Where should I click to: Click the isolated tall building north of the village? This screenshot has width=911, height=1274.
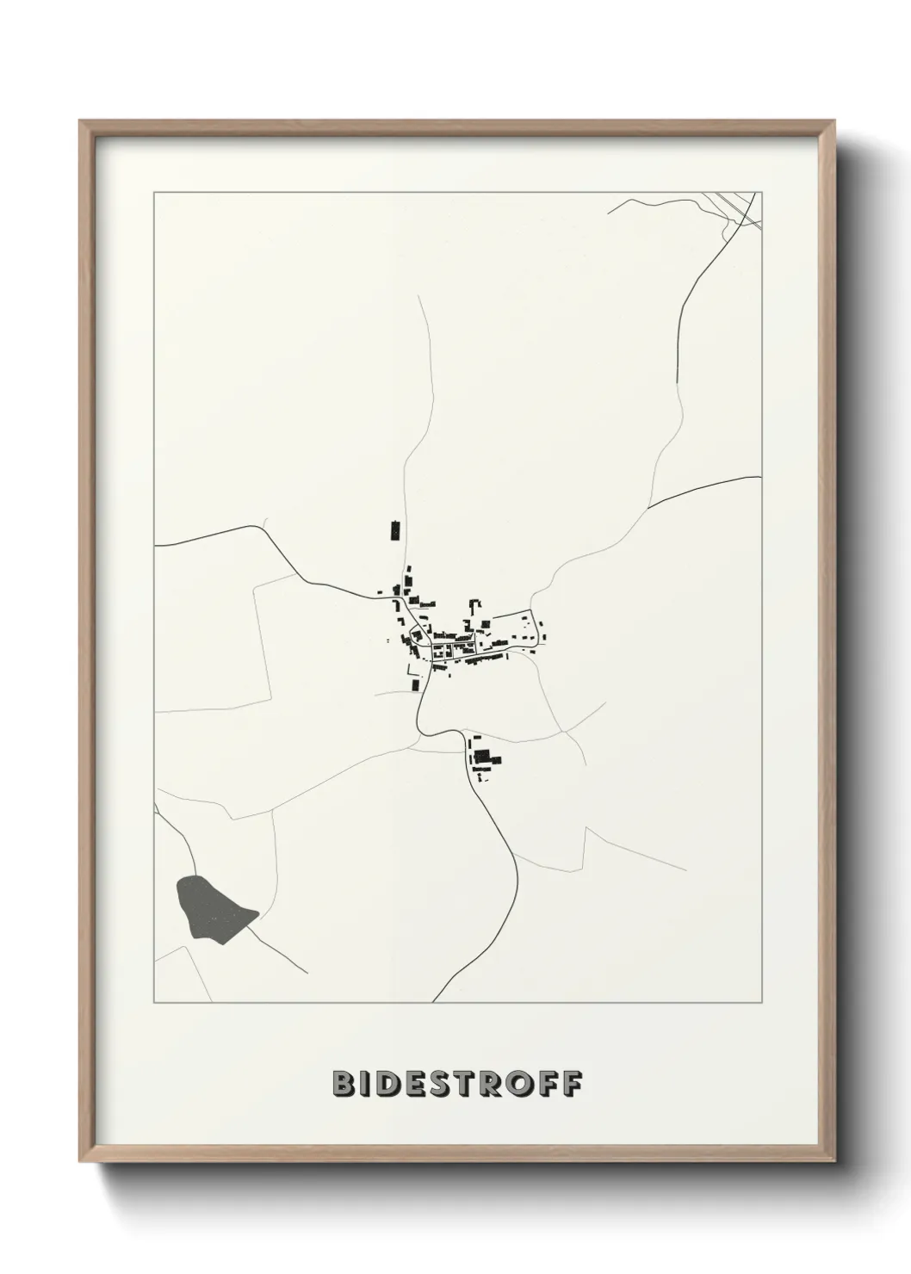(x=395, y=530)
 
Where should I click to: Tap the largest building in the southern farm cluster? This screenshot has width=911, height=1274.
(x=483, y=758)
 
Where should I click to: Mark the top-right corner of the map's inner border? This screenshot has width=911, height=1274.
(x=761, y=192)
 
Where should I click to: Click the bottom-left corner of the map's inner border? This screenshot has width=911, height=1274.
(x=154, y=1003)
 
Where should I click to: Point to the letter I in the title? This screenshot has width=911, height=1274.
(x=367, y=1084)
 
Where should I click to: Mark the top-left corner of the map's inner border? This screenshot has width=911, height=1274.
(x=154, y=192)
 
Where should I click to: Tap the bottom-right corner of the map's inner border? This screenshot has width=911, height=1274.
(x=761, y=1003)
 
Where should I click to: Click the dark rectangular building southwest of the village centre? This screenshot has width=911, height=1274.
(x=415, y=685)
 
